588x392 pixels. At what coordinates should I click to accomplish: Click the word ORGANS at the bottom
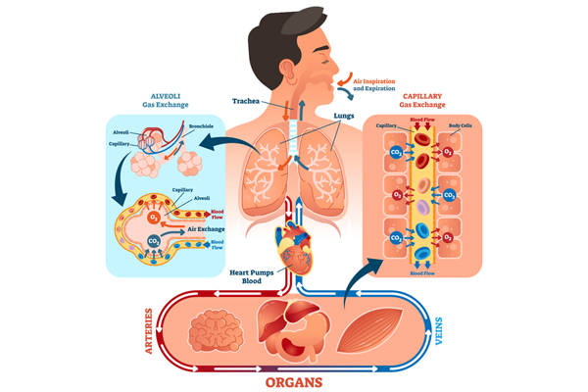pos(293,375)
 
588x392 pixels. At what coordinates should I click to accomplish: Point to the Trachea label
pos(246,101)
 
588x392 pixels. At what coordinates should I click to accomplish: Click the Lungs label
pos(343,115)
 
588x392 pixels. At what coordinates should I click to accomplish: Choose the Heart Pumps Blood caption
pos(251,276)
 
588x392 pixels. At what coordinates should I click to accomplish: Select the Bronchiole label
pos(201,127)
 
